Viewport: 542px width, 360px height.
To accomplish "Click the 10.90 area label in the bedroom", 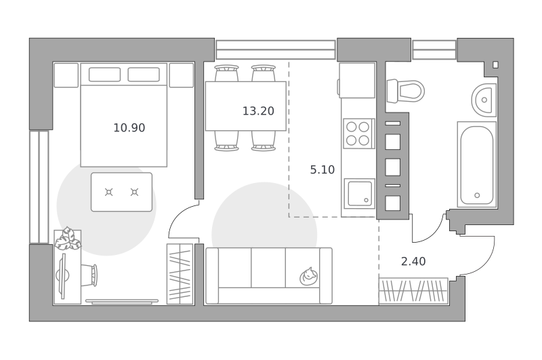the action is point(129,128).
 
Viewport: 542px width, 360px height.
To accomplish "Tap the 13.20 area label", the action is point(258,111).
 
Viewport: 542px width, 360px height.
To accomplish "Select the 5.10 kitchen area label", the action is point(322,169).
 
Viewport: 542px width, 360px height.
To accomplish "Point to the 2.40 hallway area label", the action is point(413,262).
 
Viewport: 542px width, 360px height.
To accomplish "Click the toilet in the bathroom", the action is point(405,92).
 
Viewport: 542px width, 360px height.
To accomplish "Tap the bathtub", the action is point(477,165).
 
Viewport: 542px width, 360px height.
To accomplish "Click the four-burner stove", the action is point(358,134).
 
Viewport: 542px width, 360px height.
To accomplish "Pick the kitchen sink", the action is point(360,194).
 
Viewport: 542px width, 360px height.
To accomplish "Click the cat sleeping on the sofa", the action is point(309,276).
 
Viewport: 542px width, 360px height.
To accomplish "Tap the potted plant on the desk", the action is point(68,238).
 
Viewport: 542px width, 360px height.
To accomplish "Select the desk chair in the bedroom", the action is point(89,275).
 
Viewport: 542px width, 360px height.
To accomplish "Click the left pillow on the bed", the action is point(105,75).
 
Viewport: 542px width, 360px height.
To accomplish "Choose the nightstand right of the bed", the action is point(182,75).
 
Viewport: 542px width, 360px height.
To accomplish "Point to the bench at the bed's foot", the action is point(122,192).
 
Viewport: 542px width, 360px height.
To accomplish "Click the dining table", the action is point(246,106).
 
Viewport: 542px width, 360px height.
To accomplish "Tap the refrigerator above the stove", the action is point(357,80).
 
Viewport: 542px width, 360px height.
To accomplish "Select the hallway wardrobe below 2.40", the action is point(413,291).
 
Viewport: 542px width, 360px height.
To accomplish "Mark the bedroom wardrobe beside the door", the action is point(180,274).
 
